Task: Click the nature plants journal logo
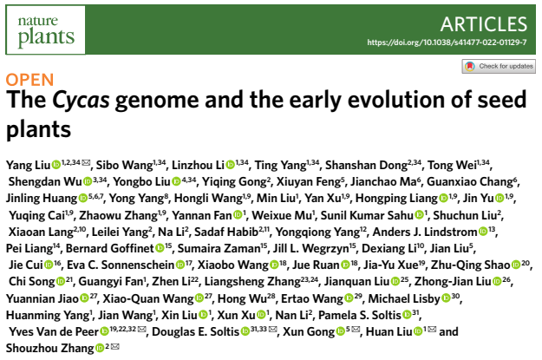pos(46,30)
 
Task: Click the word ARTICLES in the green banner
pos(484,24)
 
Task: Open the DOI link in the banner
pos(447,43)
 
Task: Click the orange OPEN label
pos(29,80)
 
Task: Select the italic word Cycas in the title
pos(81,100)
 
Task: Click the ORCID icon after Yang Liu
pos(56,165)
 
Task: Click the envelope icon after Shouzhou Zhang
pos(115,346)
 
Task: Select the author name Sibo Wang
pos(124,166)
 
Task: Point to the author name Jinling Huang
pos(42,199)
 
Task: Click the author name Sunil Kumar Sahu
pos(367,215)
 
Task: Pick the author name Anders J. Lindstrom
pos(425,232)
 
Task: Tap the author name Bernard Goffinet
pos(109,248)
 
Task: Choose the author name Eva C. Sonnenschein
pos(121,265)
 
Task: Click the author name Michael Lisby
pos(404,298)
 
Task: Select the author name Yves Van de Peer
pos(54,331)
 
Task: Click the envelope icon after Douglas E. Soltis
pos(272,330)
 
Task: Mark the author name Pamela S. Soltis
pos(360,315)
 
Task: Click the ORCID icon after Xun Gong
pos(341,331)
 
